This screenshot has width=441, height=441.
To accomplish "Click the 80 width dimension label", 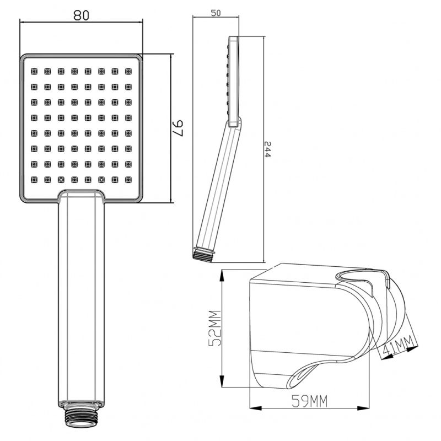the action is [x=81, y=15].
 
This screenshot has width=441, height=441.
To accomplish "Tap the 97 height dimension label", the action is [x=178, y=128].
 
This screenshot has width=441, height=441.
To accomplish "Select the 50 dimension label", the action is [x=216, y=13].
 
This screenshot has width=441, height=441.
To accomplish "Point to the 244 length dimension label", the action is [x=267, y=149].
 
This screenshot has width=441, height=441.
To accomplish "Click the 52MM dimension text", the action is [x=214, y=328].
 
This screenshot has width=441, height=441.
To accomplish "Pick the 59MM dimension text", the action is [x=310, y=401].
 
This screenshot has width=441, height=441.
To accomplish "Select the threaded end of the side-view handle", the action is [x=203, y=254].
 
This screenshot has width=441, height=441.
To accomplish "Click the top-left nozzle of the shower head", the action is [x=34, y=71].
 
